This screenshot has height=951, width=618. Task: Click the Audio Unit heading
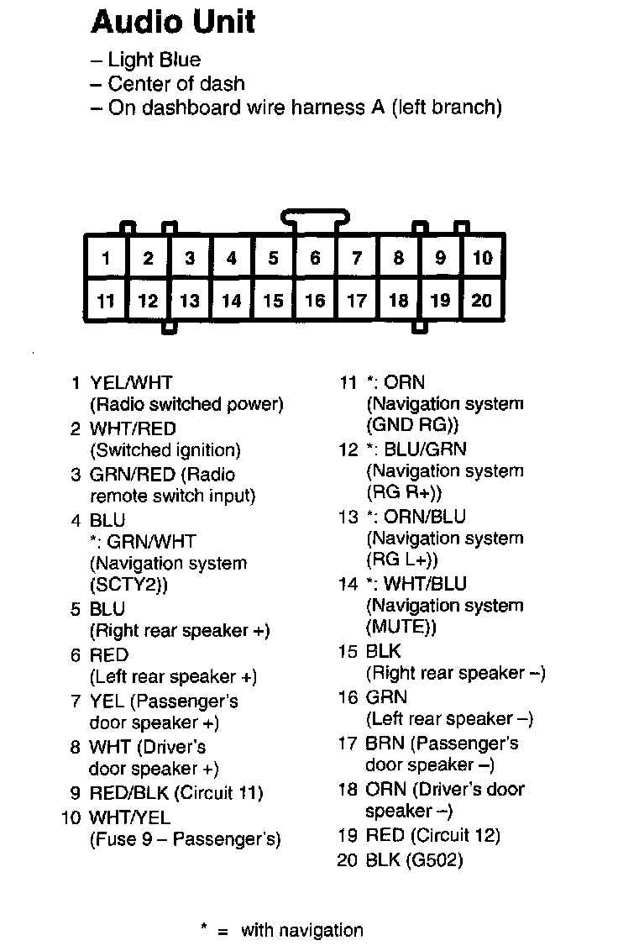(x=172, y=22)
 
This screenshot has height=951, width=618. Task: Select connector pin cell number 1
(x=106, y=258)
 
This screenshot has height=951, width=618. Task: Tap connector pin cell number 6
(x=315, y=258)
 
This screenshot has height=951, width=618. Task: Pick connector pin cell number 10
(x=482, y=258)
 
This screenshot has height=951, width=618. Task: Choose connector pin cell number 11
(x=106, y=300)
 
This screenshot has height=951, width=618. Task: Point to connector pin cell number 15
(x=273, y=300)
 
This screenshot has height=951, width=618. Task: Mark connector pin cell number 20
(x=482, y=300)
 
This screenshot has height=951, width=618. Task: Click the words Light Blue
(x=154, y=60)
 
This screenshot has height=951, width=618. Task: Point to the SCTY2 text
(x=127, y=585)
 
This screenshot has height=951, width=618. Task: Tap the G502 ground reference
(x=436, y=859)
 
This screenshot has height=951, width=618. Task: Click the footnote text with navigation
(x=302, y=930)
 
